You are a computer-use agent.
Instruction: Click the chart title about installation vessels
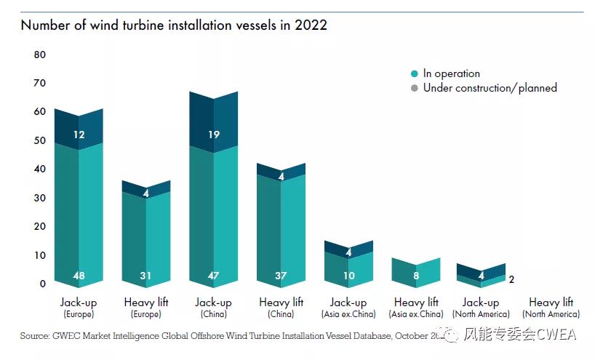[x=174, y=25]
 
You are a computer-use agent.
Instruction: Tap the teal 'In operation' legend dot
[x=415, y=73]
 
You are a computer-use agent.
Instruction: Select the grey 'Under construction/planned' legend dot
[x=415, y=88]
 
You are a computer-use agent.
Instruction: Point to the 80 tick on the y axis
[x=39, y=55]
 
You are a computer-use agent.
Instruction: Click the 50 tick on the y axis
[x=39, y=140]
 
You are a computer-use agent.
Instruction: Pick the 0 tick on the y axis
[x=43, y=284]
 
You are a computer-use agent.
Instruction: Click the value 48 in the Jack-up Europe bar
[x=79, y=276]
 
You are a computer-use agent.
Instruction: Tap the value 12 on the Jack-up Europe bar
[x=79, y=135]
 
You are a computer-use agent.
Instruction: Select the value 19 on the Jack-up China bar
[x=213, y=135]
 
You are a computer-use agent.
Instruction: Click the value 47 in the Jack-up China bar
[x=213, y=276]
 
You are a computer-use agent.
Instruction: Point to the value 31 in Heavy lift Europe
[x=146, y=276]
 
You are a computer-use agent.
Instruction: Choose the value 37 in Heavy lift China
[x=281, y=276]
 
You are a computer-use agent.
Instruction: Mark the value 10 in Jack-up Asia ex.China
[x=348, y=276]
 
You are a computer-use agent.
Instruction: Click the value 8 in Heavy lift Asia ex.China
[x=416, y=276]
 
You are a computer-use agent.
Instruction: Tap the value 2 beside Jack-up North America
[x=512, y=278]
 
